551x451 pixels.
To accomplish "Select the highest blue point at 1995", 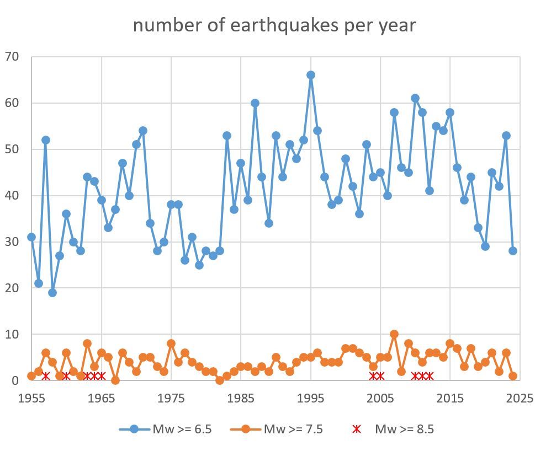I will point(311,75).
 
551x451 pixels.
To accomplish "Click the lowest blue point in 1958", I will point(52,293).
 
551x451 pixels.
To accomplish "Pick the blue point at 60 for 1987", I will point(255,103).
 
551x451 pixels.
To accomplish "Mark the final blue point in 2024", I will point(513,251).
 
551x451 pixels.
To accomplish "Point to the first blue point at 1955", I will point(31,237).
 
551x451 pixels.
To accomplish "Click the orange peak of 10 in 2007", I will point(394,334).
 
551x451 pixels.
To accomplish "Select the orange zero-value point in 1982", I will point(220,380).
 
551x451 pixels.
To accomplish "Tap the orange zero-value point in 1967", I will point(115,380).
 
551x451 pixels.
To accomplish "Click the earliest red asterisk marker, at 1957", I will point(46,376).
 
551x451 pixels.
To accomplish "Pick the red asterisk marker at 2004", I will point(373,376).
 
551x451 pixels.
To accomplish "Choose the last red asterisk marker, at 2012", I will point(430,376).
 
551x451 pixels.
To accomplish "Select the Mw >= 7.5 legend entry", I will point(275,429).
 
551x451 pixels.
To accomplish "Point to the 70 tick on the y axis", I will point(12,57).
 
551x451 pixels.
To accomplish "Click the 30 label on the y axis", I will point(12,242).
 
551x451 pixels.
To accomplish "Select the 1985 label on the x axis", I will point(241,398).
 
